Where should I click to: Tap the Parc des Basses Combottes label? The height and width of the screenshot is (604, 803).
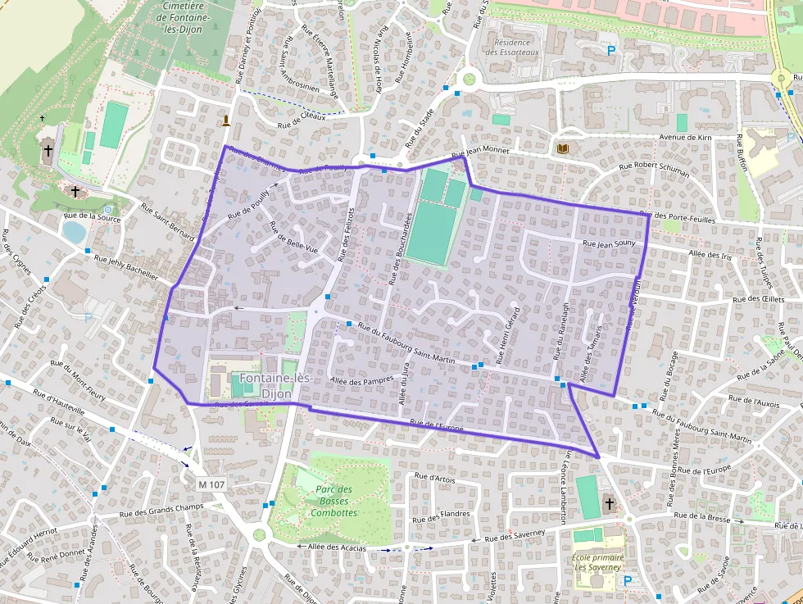point(333,501)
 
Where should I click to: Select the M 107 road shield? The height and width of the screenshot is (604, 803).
point(211,484)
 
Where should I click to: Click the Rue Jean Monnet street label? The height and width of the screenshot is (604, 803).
point(480,152)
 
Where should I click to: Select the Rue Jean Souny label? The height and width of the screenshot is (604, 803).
point(609,243)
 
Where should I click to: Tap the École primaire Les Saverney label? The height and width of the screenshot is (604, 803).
point(598,562)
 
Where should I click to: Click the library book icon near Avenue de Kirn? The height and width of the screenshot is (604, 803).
point(562,148)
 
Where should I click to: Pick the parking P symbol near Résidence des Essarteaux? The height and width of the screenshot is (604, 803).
point(611,51)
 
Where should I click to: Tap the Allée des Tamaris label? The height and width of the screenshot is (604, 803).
point(590,361)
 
